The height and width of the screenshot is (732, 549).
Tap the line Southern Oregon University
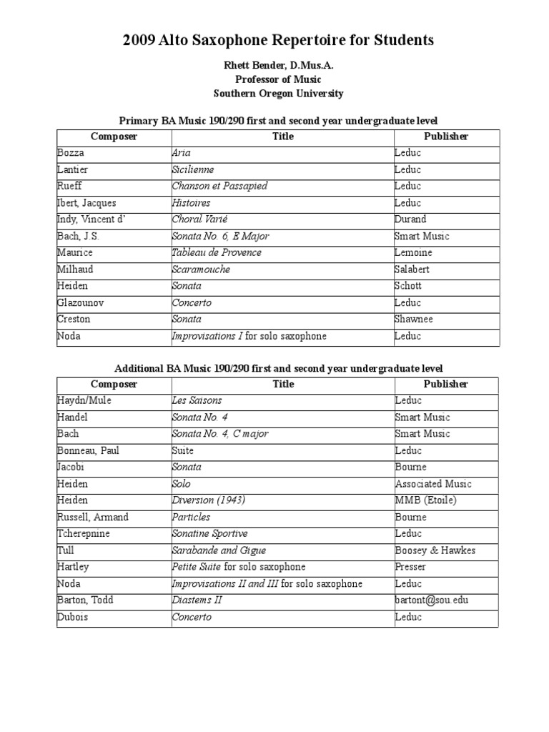click(x=279, y=94)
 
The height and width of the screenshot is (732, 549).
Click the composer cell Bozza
click(x=70, y=153)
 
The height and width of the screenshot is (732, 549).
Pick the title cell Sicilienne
click(x=193, y=169)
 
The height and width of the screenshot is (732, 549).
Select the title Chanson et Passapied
click(x=219, y=186)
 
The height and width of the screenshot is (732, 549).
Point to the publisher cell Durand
click(x=411, y=219)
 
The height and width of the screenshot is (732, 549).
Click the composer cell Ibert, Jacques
click(x=86, y=203)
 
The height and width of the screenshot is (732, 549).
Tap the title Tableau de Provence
click(x=217, y=252)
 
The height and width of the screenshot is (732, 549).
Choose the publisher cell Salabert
click(x=413, y=269)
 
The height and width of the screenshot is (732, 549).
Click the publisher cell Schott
click(x=408, y=286)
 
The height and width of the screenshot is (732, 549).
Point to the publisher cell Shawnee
click(x=414, y=319)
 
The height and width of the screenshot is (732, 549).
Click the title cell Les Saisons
click(x=197, y=400)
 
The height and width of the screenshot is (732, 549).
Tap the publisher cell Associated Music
click(x=433, y=484)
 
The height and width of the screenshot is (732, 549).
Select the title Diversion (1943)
click(x=208, y=500)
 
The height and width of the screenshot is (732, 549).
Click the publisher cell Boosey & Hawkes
click(x=435, y=550)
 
